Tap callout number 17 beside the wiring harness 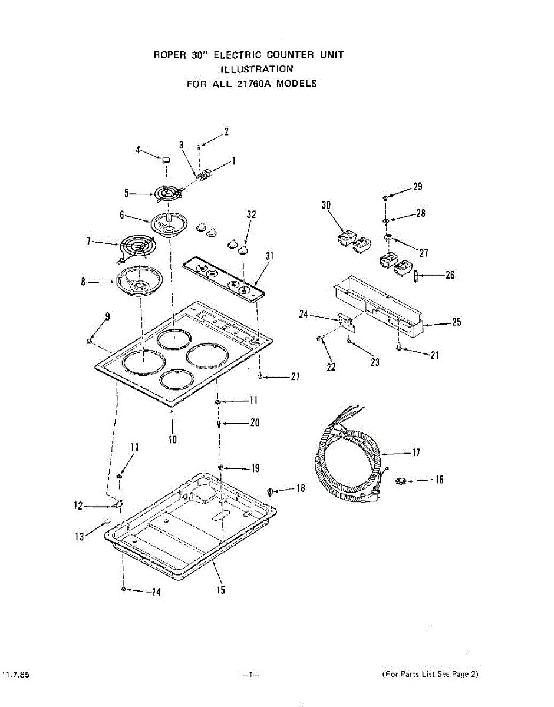415,453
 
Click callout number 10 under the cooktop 173,438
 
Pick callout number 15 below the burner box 220,590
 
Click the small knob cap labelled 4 166,158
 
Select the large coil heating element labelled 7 135,247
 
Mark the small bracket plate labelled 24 346,321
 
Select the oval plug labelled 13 107,522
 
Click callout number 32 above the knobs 252,215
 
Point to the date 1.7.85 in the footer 18,674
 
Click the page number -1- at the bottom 250,674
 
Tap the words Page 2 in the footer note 466,674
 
